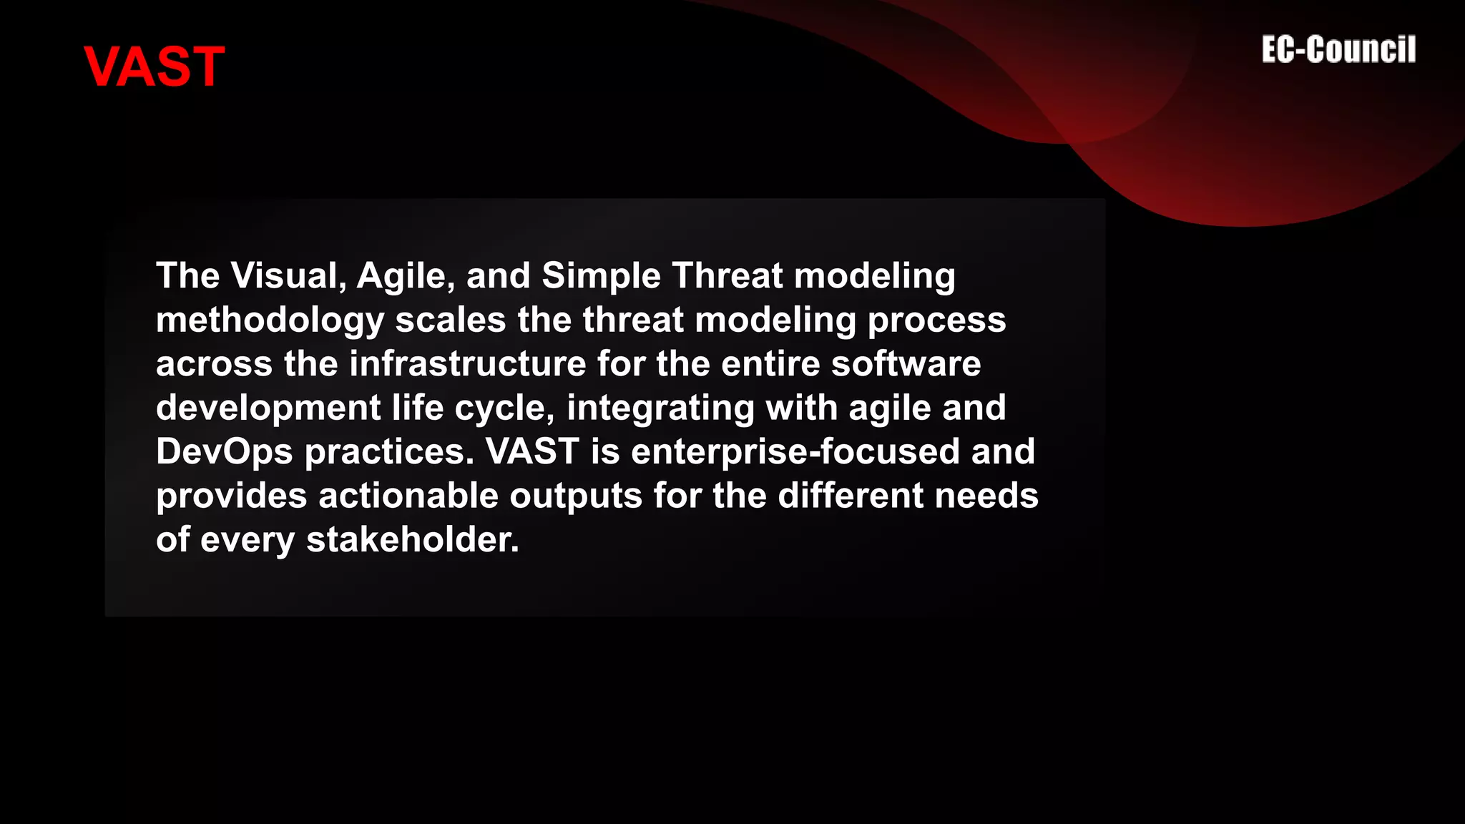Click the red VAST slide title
[154, 67]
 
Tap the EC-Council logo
[1338, 50]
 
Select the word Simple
[601, 277]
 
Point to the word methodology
[270, 321]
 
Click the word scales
[451, 320]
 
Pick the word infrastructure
[467, 363]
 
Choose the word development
[268, 408]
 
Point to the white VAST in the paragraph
[532, 452]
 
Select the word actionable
[408, 496]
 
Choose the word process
[936, 321]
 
